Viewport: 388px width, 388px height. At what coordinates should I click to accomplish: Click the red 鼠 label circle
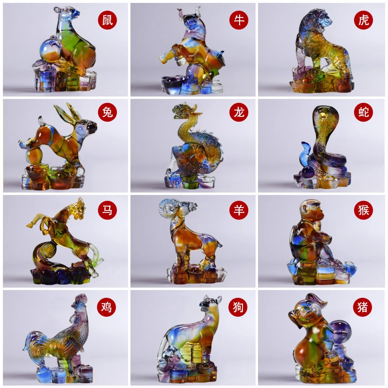coord(107,20)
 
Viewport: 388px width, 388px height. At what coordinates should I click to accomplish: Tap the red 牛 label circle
coord(239,20)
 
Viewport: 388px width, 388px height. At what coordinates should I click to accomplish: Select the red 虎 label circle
coord(363,20)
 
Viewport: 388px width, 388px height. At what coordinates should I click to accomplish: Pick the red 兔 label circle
coord(107,112)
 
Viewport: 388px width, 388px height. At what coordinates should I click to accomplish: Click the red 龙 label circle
coord(239,112)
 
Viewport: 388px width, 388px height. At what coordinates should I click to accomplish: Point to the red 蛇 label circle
coord(363,112)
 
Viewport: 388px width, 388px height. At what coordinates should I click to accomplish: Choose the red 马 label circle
coord(107,210)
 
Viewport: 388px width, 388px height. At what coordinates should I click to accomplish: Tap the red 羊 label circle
coord(239,210)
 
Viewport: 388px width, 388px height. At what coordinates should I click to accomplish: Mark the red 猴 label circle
coord(363,210)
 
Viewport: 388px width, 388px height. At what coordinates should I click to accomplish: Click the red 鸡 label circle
coord(106,307)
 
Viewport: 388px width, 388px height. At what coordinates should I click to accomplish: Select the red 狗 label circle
coord(238,307)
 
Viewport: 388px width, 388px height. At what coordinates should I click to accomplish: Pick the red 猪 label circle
coord(362,307)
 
